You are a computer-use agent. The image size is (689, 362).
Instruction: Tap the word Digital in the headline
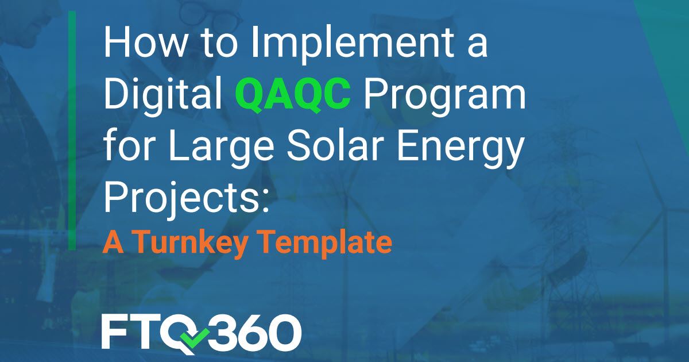tap(162, 95)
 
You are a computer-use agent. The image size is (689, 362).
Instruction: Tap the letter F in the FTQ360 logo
tap(115, 332)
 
